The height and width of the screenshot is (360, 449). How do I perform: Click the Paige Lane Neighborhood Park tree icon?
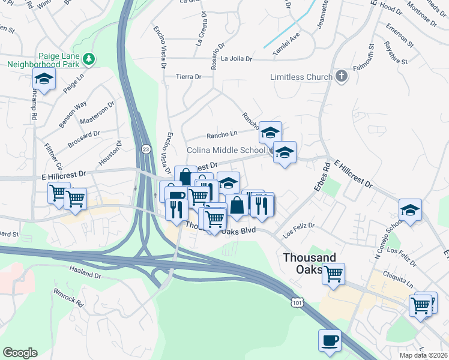pos(89,58)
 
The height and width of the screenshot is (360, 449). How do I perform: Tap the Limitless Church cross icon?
pos(342,76)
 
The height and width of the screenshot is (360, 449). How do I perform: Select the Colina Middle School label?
pos(226,150)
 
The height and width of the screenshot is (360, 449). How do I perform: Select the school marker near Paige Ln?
pos(44,79)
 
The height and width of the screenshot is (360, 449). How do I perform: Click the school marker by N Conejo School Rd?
pos(410,210)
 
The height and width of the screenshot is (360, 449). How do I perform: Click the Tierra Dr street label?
pos(188,77)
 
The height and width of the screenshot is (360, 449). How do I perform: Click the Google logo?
pos(20,353)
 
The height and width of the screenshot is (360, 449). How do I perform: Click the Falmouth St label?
pos(372,55)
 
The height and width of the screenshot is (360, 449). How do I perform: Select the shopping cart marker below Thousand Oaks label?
pos(333,274)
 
